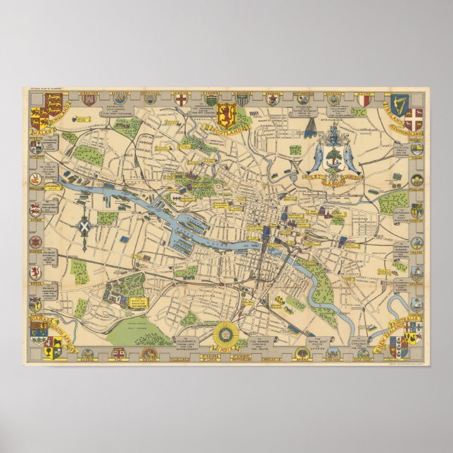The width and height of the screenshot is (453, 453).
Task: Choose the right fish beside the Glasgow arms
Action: [x=349, y=158]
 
